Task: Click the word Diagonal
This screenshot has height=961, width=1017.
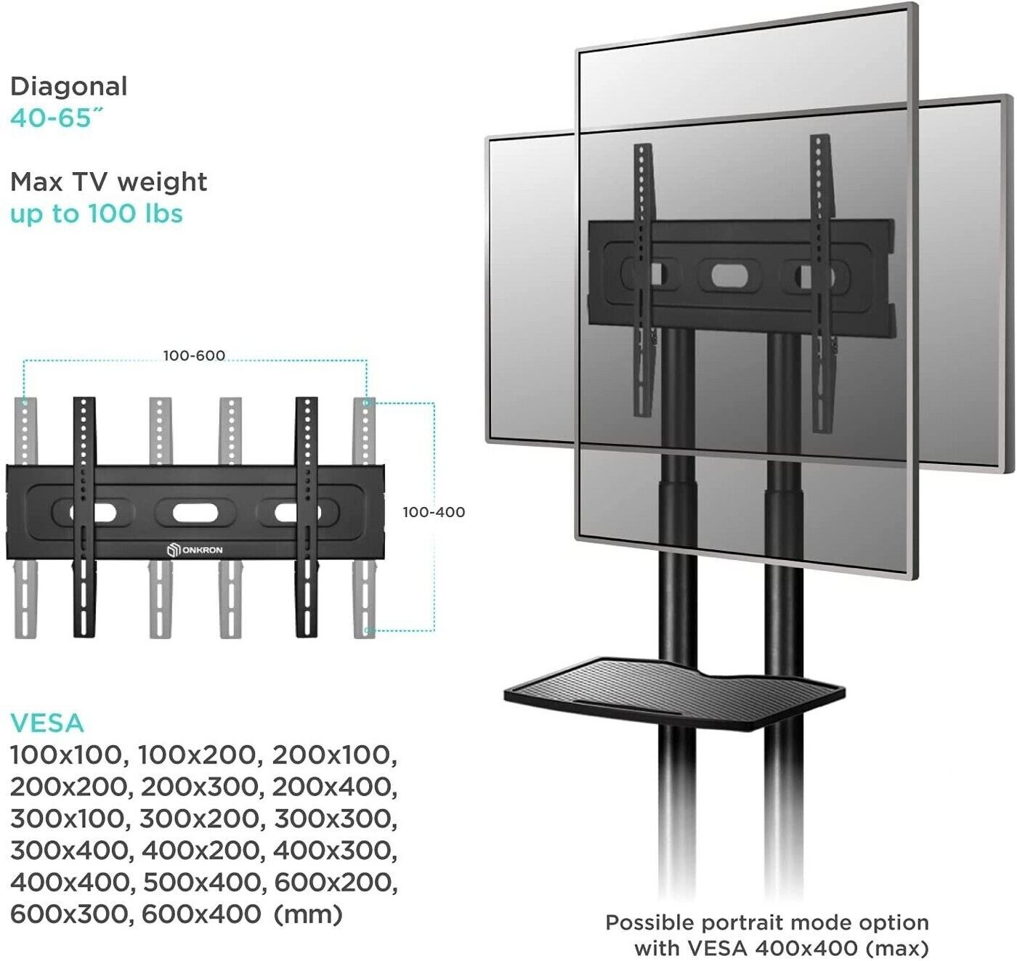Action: (68, 87)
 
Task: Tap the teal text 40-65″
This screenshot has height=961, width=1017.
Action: (57, 118)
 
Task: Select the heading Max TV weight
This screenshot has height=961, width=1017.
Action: (108, 182)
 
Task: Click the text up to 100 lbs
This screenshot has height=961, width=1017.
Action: (97, 214)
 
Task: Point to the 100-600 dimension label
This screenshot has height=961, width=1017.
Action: (194, 355)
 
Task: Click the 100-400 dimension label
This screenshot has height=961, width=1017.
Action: (434, 512)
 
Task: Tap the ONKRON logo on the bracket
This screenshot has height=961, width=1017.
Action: (195, 550)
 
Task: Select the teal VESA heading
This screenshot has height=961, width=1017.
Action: (46, 723)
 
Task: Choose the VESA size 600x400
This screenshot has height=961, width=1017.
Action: (201, 915)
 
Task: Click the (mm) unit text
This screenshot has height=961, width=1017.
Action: (308, 915)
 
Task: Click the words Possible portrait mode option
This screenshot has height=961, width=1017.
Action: (767, 923)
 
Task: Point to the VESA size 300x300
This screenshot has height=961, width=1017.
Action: (336, 819)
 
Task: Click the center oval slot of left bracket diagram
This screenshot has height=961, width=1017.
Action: (195, 513)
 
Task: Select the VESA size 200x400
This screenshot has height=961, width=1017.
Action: (334, 787)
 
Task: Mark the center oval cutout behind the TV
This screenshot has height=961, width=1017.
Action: (729, 276)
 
